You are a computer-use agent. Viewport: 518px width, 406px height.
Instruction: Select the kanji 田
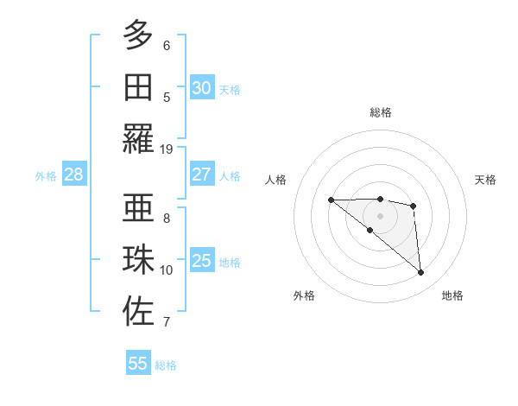point(138,87)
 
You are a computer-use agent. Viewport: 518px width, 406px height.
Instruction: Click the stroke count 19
point(167,149)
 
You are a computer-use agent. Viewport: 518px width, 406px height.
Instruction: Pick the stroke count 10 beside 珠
point(167,270)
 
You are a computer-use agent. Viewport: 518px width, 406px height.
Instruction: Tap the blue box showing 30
point(201,88)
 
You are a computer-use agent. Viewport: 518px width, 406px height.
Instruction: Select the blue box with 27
point(201,174)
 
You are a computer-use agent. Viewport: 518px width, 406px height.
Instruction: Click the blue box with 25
point(201,261)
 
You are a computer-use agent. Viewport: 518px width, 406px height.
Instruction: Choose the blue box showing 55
point(138,364)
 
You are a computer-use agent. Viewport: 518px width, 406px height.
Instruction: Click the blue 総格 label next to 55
point(166,365)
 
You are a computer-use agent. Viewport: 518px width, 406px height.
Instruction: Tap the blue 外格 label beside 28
point(46,176)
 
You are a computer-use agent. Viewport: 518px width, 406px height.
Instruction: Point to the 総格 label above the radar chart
point(380,112)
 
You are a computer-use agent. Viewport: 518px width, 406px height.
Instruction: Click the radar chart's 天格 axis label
point(486,180)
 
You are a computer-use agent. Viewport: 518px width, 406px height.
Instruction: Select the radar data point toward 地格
point(420,273)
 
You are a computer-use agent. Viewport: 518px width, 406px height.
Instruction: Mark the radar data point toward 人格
point(331,200)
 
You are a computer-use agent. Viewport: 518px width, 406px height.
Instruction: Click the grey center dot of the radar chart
point(380,215)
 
